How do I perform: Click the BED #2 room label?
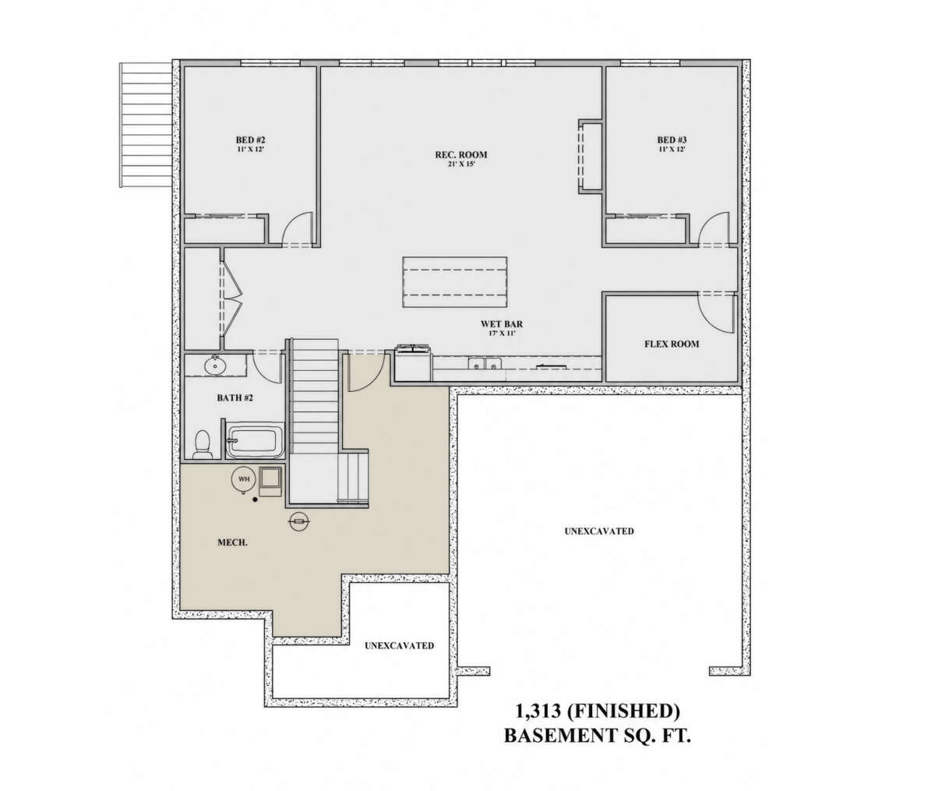click(x=250, y=139)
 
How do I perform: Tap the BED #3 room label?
click(x=672, y=139)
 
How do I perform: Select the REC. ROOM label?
click(x=461, y=155)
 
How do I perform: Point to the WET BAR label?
click(x=501, y=324)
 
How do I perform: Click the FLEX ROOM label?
click(x=672, y=344)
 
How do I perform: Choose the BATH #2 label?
click(x=235, y=397)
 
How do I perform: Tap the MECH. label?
click(x=232, y=542)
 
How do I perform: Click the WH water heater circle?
click(x=243, y=479)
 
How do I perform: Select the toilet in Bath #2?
click(x=203, y=444)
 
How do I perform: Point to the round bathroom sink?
click(x=214, y=365)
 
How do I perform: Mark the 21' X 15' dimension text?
click(x=461, y=164)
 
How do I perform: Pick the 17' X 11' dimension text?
click(x=501, y=334)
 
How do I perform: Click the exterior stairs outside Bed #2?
click(x=146, y=125)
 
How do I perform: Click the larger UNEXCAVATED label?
click(x=599, y=531)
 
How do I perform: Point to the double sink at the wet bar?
click(x=485, y=363)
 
